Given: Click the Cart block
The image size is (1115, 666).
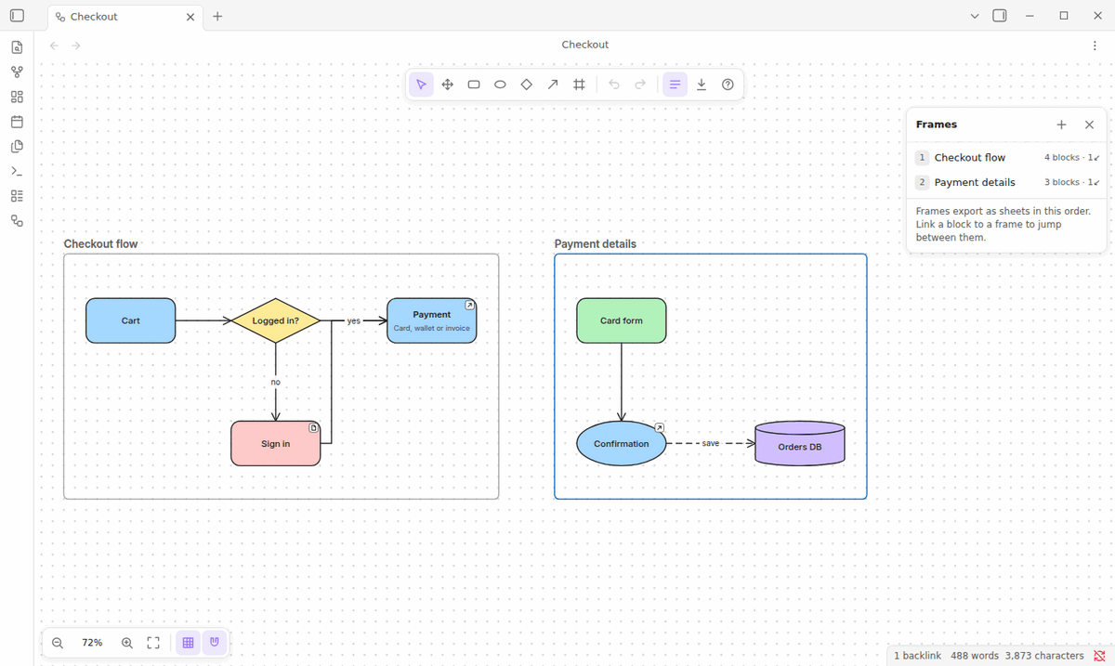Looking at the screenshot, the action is coord(130,320).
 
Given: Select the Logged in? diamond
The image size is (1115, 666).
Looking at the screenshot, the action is coord(275,320).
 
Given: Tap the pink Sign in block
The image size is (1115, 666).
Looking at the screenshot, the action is coord(275,443).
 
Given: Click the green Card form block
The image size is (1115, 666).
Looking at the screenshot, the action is coord(622,320).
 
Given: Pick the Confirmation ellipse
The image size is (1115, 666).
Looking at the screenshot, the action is coord(622,443).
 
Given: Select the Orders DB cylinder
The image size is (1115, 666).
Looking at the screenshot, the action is coord(799,443).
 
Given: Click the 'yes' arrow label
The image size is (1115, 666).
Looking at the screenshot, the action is coord(353,321).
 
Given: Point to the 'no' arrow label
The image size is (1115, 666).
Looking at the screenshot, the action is coord(275,383).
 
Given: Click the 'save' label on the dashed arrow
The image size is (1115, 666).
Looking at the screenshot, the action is coord(710,443).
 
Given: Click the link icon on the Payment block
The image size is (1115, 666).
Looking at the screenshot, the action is coord(469,305).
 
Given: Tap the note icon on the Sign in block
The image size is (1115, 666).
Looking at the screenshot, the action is coord(313,428).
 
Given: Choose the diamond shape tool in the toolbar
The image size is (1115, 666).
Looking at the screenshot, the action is coord(526,85).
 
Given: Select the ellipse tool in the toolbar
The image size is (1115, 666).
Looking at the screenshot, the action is coord(500,85).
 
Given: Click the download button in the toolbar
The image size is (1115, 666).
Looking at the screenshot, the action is coord(702,85).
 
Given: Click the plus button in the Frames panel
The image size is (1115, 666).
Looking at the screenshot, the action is coord(1061,124).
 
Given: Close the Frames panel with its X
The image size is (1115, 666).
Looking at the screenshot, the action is coord(1089,124).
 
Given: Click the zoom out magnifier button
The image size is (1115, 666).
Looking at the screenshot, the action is coord(58,643).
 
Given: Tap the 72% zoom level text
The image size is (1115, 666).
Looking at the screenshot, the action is coord(92,643).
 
